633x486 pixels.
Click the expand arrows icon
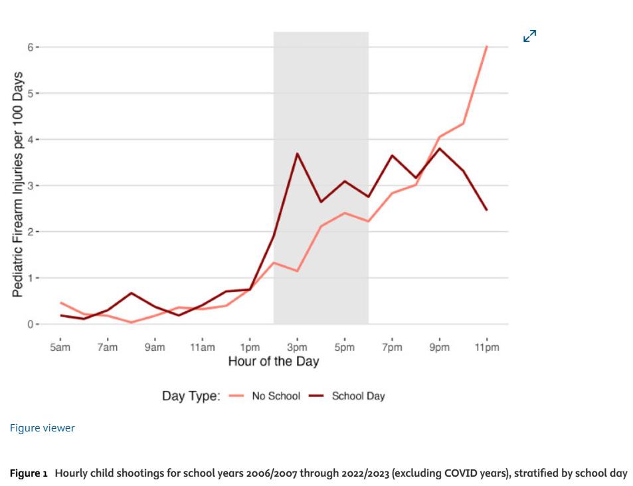529,36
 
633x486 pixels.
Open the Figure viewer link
43,427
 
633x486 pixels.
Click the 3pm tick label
297,348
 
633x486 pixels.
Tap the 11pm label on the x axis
487,348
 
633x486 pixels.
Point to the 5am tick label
60,348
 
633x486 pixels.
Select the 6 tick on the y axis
31,47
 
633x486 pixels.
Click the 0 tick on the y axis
31,324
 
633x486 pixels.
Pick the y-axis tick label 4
31,140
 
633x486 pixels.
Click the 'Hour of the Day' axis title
274,361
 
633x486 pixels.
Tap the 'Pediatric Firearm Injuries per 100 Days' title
17,185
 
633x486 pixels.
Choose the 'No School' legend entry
264,396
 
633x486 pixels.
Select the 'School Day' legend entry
347,396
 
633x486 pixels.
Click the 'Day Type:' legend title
191,396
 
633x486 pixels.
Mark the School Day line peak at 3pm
297,154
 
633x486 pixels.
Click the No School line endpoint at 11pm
487,47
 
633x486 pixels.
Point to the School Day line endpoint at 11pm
487,209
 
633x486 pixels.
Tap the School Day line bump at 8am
132,293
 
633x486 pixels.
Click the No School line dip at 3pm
297,271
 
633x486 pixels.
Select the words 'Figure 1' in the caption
29,473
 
